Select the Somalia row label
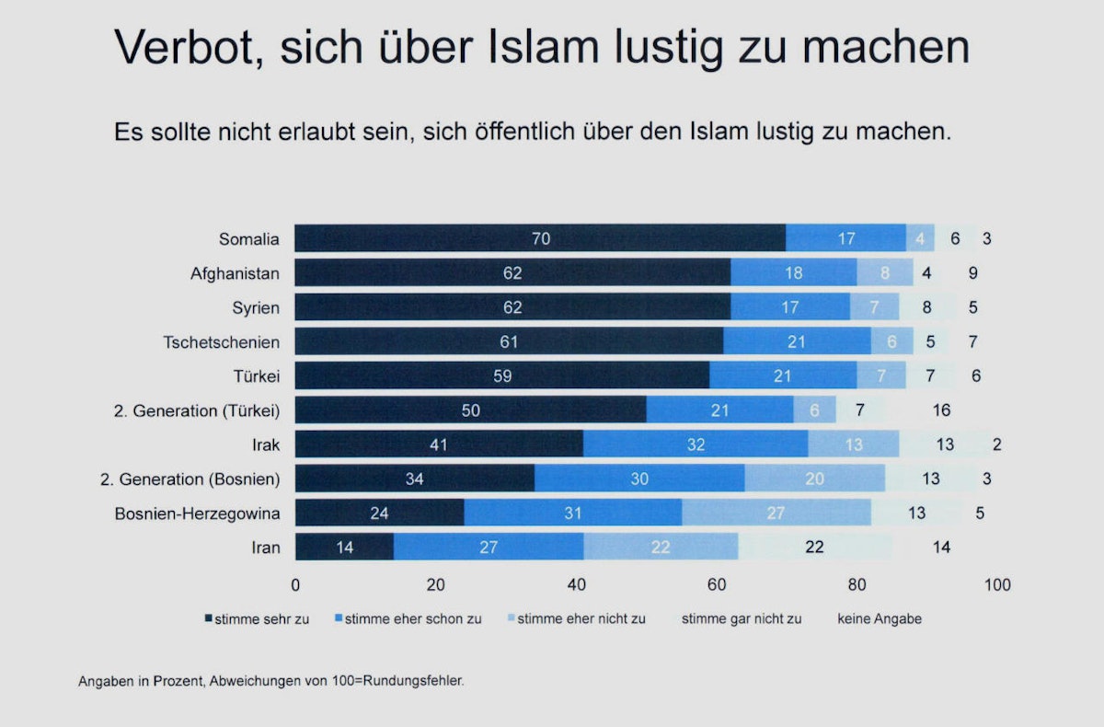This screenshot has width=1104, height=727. tap(248, 239)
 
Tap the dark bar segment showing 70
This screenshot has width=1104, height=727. tap(540, 239)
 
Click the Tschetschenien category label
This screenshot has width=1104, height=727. tap(221, 342)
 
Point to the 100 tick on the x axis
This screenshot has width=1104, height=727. tap(997, 585)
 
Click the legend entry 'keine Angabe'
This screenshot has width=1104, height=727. tap(879, 619)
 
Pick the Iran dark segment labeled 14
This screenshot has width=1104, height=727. tap(344, 548)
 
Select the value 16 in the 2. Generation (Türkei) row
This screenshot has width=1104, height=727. tap(940, 410)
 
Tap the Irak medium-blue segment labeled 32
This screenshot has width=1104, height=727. tap(696, 445)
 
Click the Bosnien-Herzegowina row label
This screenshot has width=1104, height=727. tap(197, 514)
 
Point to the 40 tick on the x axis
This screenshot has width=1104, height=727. tap(577, 585)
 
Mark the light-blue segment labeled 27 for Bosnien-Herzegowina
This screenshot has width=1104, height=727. tap(776, 514)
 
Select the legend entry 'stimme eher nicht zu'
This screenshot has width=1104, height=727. tap(581, 619)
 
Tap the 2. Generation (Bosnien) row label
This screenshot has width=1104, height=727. tap(190, 479)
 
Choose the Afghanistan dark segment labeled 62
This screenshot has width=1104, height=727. tap(512, 273)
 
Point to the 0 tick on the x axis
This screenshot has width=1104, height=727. tap(295, 585)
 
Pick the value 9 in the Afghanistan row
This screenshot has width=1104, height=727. tap(972, 273)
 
